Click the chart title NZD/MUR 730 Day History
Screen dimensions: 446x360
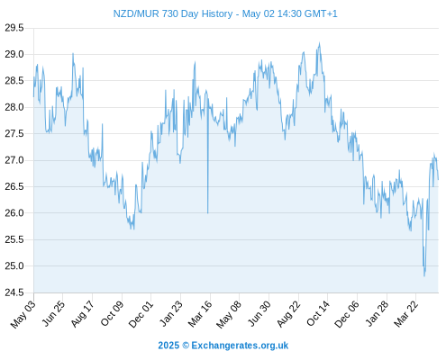tap(173, 13)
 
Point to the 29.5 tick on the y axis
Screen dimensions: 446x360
tap(14, 28)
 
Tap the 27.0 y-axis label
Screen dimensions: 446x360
tap(14, 160)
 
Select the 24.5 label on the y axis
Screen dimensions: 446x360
tap(14, 292)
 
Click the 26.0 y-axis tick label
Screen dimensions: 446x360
tap(14, 213)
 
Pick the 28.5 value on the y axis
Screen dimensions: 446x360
tap(14, 81)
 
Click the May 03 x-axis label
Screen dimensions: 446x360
tap(23, 314)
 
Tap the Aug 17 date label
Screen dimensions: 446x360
tap(82, 314)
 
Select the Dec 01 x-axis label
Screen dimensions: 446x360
tap(141, 314)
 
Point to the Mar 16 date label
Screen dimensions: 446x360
tap(200, 314)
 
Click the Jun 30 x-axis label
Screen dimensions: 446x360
tap(259, 314)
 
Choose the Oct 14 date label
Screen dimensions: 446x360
tap(318, 314)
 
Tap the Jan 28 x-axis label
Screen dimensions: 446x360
tap(377, 314)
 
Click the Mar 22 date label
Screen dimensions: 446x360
tap(405, 314)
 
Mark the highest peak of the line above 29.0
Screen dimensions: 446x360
tap(319, 43)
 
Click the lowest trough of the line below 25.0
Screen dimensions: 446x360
tap(424, 275)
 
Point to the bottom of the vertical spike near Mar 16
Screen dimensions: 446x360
tap(207, 213)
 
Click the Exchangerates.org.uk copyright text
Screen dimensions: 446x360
tap(240, 346)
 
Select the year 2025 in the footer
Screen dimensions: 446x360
tap(168, 346)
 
